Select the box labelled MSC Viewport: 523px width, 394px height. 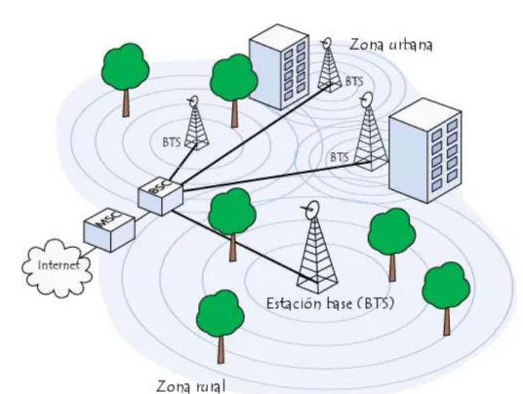pos(109,231)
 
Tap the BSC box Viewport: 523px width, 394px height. pos(161,196)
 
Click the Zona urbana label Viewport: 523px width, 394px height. pos(391,45)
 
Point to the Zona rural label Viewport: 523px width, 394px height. pos(191,386)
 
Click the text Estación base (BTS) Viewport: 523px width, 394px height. pos(330,303)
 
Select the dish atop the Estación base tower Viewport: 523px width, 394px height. pos(312,210)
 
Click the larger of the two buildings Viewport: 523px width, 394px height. pos(425,150)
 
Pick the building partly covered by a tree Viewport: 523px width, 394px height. pos(279,66)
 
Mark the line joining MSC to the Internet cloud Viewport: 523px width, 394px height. pos(87,253)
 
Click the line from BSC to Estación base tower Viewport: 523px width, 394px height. pos(245,247)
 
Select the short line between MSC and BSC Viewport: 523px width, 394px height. pos(141,217)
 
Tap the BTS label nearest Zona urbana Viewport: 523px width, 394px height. pos(354,81)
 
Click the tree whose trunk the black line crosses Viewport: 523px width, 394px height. pos(232,224)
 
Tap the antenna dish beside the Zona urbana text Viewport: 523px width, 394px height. pos(327,43)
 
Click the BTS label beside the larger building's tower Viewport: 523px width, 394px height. pos(340,157)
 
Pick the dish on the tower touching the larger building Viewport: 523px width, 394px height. pos(367,99)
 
